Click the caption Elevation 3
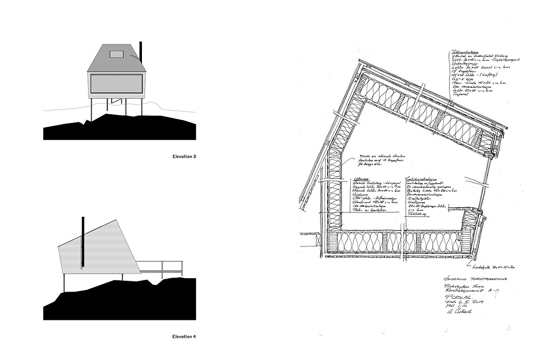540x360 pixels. pos(184,156)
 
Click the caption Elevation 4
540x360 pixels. pos(184,337)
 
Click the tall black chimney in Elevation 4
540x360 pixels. pos(82,242)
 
